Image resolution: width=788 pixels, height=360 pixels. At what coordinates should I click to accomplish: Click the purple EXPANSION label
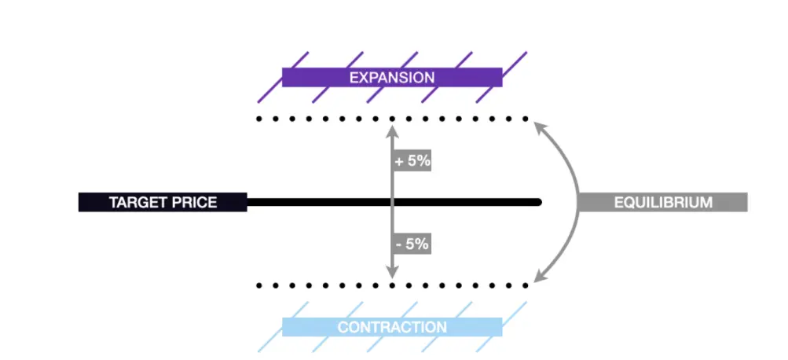click(392, 78)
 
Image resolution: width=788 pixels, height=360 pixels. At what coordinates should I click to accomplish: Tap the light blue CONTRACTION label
click(392, 327)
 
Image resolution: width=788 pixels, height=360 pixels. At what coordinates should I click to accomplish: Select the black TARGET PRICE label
click(163, 202)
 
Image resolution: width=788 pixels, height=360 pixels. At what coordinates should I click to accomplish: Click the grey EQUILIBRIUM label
click(663, 202)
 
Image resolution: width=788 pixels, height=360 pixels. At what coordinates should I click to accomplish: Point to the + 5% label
click(412, 161)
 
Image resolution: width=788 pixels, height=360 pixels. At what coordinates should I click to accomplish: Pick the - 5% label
click(412, 244)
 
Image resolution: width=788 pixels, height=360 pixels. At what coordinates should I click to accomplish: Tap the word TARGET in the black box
click(132, 202)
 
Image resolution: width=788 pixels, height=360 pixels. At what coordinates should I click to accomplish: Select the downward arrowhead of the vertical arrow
click(392, 272)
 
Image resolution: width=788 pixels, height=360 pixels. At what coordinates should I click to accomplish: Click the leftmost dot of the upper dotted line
click(258, 119)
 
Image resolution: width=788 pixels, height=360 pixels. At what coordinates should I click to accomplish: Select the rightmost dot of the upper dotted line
click(526, 119)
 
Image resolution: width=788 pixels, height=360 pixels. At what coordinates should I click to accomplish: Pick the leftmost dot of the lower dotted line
click(258, 285)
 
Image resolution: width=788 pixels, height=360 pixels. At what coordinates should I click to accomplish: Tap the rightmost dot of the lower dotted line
click(526, 285)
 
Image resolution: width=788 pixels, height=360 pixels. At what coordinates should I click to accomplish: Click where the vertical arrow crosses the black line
click(392, 202)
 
